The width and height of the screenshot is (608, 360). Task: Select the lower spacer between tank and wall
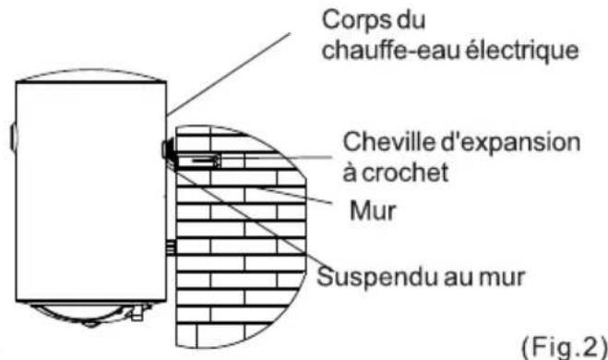point(170,246)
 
